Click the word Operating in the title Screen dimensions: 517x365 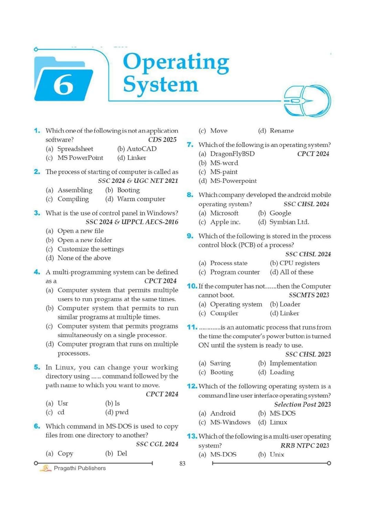(x=176, y=62)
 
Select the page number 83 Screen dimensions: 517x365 (x=182, y=464)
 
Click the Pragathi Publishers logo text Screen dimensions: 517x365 (x=80, y=468)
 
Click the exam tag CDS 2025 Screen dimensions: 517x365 (x=162, y=140)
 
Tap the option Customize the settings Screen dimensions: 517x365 (x=90, y=249)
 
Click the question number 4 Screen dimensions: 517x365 (x=37, y=272)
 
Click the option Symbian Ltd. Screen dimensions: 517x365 (x=289, y=222)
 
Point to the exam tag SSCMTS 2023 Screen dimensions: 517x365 (x=309, y=295)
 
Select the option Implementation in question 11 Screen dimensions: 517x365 (x=293, y=363)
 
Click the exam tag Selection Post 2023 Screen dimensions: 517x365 (x=302, y=405)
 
